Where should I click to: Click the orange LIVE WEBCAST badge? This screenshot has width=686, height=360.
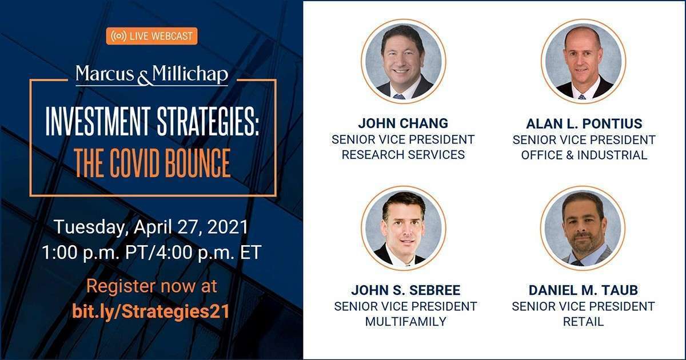(152, 36)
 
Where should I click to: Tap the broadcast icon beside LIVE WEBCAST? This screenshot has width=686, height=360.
(118, 36)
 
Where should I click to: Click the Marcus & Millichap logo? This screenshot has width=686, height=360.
(152, 75)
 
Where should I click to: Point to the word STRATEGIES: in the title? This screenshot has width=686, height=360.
(208, 122)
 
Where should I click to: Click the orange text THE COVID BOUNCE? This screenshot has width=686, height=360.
(152, 163)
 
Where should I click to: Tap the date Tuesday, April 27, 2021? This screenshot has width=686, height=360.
(151, 227)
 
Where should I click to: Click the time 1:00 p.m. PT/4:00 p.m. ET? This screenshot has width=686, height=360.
(151, 253)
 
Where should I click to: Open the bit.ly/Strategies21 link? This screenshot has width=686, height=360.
(151, 311)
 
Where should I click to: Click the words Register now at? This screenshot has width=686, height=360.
(151, 286)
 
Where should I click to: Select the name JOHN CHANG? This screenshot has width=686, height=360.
(403, 123)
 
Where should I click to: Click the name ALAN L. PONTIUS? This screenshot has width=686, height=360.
(584, 123)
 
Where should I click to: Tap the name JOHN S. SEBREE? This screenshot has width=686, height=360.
(405, 290)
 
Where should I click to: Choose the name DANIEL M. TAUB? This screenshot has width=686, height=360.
(584, 290)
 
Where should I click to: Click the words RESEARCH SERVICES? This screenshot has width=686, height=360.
(403, 155)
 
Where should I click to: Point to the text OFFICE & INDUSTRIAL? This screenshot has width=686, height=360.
(584, 155)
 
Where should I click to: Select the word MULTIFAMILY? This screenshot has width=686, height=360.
(405, 321)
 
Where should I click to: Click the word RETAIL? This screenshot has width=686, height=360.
(584, 321)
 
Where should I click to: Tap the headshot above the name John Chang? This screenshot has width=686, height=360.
(404, 61)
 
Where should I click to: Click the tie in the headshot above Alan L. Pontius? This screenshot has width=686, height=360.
(581, 97)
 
